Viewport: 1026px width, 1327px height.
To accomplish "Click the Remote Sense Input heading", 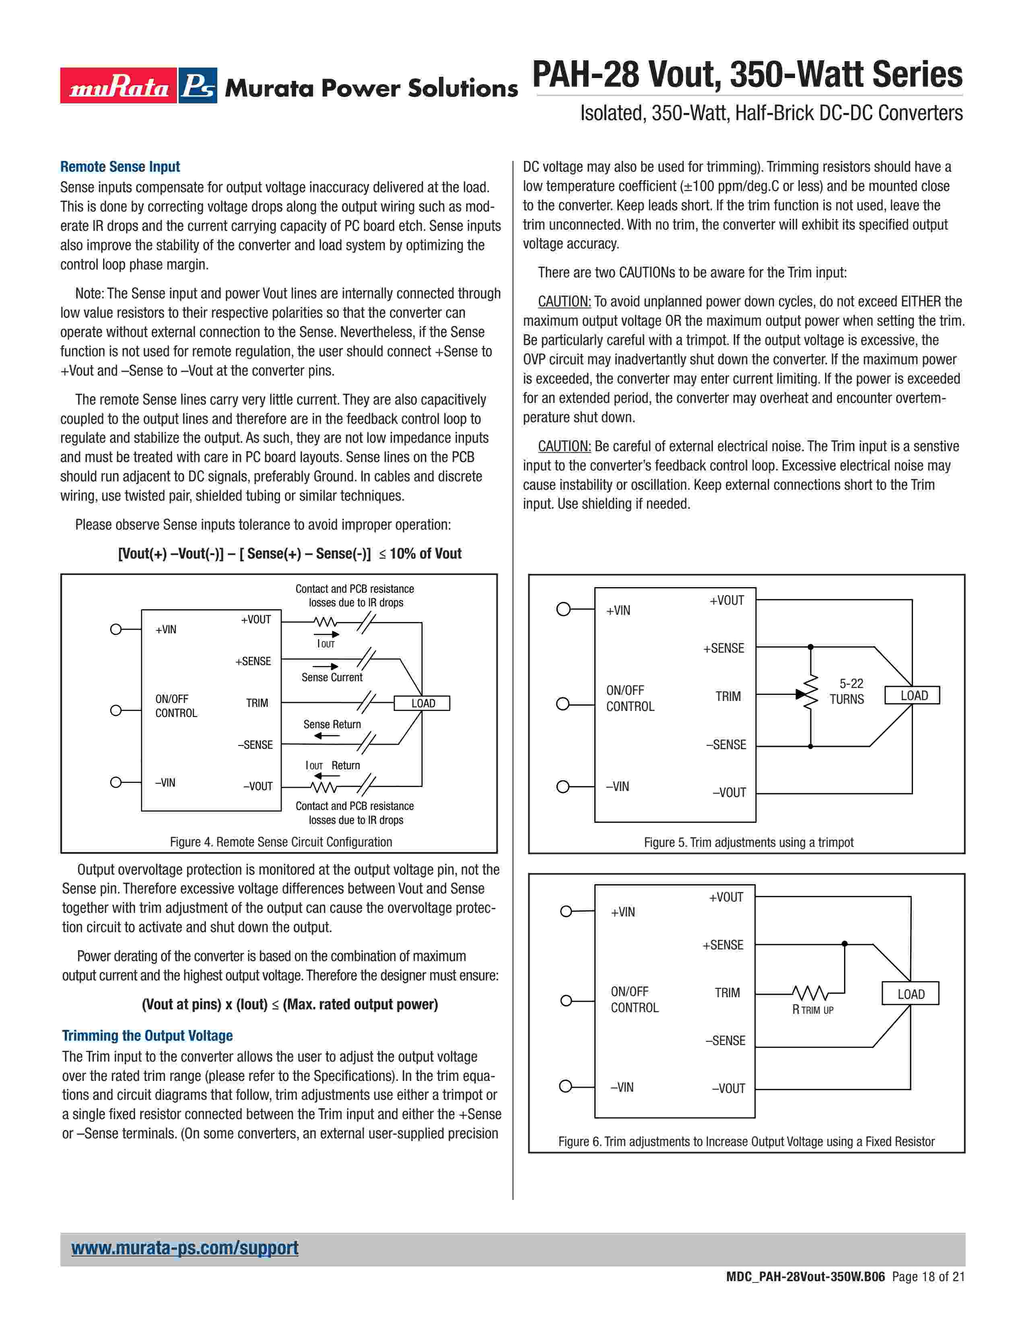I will point(120,166).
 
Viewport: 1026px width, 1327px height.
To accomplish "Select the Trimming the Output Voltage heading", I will point(147,1035).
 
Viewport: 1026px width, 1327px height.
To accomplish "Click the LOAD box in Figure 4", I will point(422,703).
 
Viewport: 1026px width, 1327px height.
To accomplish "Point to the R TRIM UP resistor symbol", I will point(810,993).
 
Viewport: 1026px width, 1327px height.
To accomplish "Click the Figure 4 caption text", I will point(281,842).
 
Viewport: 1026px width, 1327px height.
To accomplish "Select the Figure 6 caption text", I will point(746,1142).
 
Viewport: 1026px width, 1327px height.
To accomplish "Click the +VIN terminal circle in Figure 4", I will point(116,629).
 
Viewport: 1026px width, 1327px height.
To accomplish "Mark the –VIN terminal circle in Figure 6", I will point(565,1087).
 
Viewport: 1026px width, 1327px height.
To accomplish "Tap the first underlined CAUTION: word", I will point(564,301).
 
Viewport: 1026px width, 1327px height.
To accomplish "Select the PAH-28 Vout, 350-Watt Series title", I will point(747,75).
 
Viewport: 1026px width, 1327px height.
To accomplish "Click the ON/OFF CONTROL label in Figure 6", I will point(634,1000).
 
